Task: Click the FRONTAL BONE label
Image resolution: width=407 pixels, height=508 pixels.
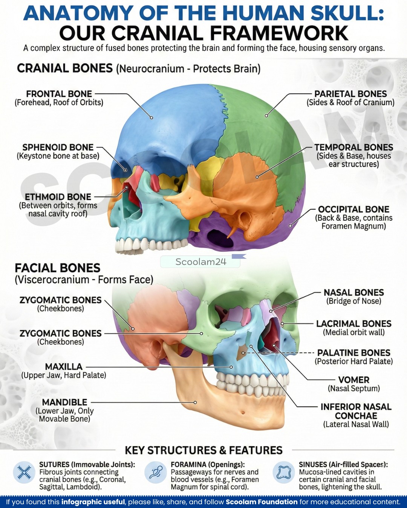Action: point(59,94)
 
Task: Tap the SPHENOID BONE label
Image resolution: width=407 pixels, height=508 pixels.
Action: point(58,147)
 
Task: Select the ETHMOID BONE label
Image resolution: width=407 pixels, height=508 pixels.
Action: point(58,197)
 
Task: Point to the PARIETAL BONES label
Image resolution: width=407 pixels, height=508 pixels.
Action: point(350,94)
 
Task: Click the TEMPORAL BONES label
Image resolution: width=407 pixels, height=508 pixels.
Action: point(354,147)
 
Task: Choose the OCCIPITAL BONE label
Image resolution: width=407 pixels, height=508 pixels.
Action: point(353,209)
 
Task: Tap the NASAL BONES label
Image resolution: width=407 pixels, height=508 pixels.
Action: point(354,293)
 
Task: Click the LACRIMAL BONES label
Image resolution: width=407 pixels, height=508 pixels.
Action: point(354,324)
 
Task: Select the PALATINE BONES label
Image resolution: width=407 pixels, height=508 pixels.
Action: point(354,353)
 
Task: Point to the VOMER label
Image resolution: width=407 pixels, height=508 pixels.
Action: point(354,380)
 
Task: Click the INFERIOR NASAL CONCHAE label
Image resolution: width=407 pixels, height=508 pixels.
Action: point(356,411)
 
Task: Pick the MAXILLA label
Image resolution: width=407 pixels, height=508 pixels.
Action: point(64,367)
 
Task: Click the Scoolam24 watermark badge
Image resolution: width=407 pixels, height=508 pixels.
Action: point(200,262)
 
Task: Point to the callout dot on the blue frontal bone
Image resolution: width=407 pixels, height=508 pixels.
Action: point(151,117)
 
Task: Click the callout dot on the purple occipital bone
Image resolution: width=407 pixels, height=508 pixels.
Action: point(290,226)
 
